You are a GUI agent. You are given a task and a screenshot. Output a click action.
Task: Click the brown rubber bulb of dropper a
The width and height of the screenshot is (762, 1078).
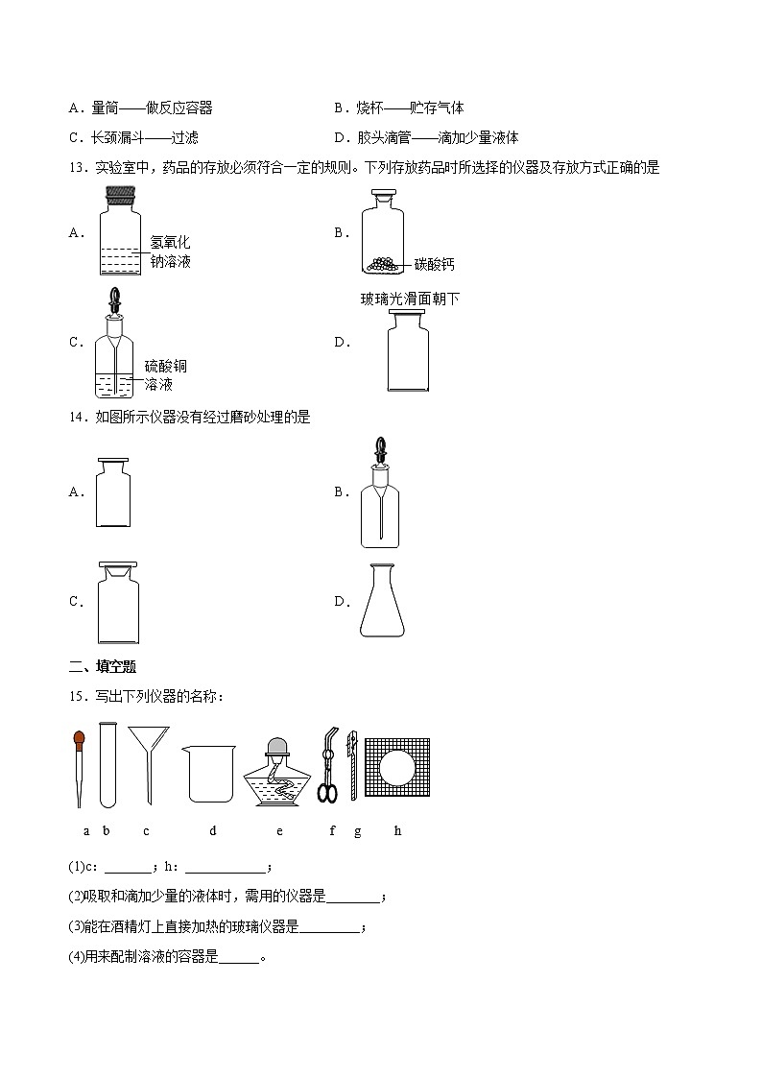(80, 739)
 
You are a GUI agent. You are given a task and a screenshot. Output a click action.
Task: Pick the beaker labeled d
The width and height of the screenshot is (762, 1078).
(209, 774)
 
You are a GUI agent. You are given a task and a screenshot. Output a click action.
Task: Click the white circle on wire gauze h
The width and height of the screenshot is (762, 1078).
(396, 768)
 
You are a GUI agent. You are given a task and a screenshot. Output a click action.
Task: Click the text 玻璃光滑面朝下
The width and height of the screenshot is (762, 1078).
(410, 299)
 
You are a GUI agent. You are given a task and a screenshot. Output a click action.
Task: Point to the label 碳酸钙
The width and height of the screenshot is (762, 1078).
(435, 263)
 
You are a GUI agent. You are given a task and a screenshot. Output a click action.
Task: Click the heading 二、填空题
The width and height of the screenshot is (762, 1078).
(96, 667)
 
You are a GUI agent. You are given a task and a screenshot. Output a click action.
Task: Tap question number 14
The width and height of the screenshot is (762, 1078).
(78, 417)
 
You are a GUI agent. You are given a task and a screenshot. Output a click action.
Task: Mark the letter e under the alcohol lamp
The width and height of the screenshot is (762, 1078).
(279, 830)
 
